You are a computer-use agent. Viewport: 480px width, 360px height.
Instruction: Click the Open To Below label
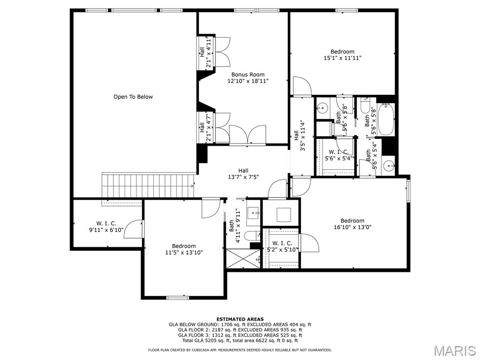(133, 97)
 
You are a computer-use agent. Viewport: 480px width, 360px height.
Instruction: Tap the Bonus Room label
(247, 75)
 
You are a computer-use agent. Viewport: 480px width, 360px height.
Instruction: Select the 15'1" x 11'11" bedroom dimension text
(343, 58)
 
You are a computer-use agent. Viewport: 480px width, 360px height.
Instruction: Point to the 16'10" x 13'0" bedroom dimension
(352, 227)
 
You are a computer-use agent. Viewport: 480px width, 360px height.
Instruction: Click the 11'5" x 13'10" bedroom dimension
(184, 253)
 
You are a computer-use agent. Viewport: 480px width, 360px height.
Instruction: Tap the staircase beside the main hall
(148, 186)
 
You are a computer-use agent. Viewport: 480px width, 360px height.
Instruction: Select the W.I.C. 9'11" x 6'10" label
(106, 227)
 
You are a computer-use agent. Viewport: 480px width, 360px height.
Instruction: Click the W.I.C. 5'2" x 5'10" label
(282, 247)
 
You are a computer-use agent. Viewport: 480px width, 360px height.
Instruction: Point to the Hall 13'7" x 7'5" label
(243, 173)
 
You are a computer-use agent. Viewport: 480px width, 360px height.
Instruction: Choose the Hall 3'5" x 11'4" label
(300, 135)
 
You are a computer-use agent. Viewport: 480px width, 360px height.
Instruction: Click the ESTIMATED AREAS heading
(240, 319)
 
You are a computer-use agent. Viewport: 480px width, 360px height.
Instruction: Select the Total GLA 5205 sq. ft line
(240, 340)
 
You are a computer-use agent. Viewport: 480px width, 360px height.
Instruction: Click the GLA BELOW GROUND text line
(240, 324)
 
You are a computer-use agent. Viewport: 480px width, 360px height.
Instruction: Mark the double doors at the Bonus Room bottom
(247, 134)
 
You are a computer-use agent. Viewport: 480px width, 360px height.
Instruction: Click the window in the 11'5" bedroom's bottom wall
(178, 298)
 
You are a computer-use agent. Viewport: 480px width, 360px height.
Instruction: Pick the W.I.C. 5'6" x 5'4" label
(339, 155)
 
